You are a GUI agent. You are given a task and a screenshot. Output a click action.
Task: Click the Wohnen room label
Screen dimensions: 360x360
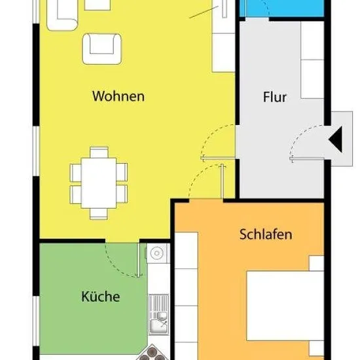[118, 96]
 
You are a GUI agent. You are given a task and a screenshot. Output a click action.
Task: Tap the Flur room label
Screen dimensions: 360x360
[275, 97]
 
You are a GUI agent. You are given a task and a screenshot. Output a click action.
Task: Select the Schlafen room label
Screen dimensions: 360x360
[266, 234]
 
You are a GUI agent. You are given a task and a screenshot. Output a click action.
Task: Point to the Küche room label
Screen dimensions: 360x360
[101, 297]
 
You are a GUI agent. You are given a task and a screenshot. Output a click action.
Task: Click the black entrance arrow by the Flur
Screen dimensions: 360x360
[336, 139]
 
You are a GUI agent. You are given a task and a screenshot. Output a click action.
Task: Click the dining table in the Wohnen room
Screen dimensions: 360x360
[99, 183]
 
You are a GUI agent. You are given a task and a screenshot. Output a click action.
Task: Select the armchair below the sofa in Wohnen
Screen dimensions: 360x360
[101, 49]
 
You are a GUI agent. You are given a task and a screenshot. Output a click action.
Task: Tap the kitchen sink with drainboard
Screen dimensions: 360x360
[158, 314]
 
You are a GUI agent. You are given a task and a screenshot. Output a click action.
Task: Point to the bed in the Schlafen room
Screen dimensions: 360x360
[285, 306]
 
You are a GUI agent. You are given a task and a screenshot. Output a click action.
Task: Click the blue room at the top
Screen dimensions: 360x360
[281, 8]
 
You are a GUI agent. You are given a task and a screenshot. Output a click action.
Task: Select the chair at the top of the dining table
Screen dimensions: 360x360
[99, 153]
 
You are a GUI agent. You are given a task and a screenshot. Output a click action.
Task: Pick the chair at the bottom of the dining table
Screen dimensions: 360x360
[99, 214]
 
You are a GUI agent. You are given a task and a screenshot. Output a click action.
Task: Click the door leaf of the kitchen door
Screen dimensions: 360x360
[139, 260]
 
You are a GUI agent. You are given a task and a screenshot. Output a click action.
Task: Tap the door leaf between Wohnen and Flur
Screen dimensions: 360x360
[218, 158]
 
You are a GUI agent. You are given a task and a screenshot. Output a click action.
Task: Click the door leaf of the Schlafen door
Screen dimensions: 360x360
[222, 181]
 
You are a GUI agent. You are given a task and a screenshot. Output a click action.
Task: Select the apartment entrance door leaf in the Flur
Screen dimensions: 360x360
[307, 158]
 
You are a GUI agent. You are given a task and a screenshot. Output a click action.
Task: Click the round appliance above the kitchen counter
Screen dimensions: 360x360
[157, 253]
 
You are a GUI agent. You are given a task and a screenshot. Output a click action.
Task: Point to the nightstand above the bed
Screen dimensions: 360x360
[316, 263]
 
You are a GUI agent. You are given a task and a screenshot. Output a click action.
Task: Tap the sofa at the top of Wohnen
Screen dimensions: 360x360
[62, 15]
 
